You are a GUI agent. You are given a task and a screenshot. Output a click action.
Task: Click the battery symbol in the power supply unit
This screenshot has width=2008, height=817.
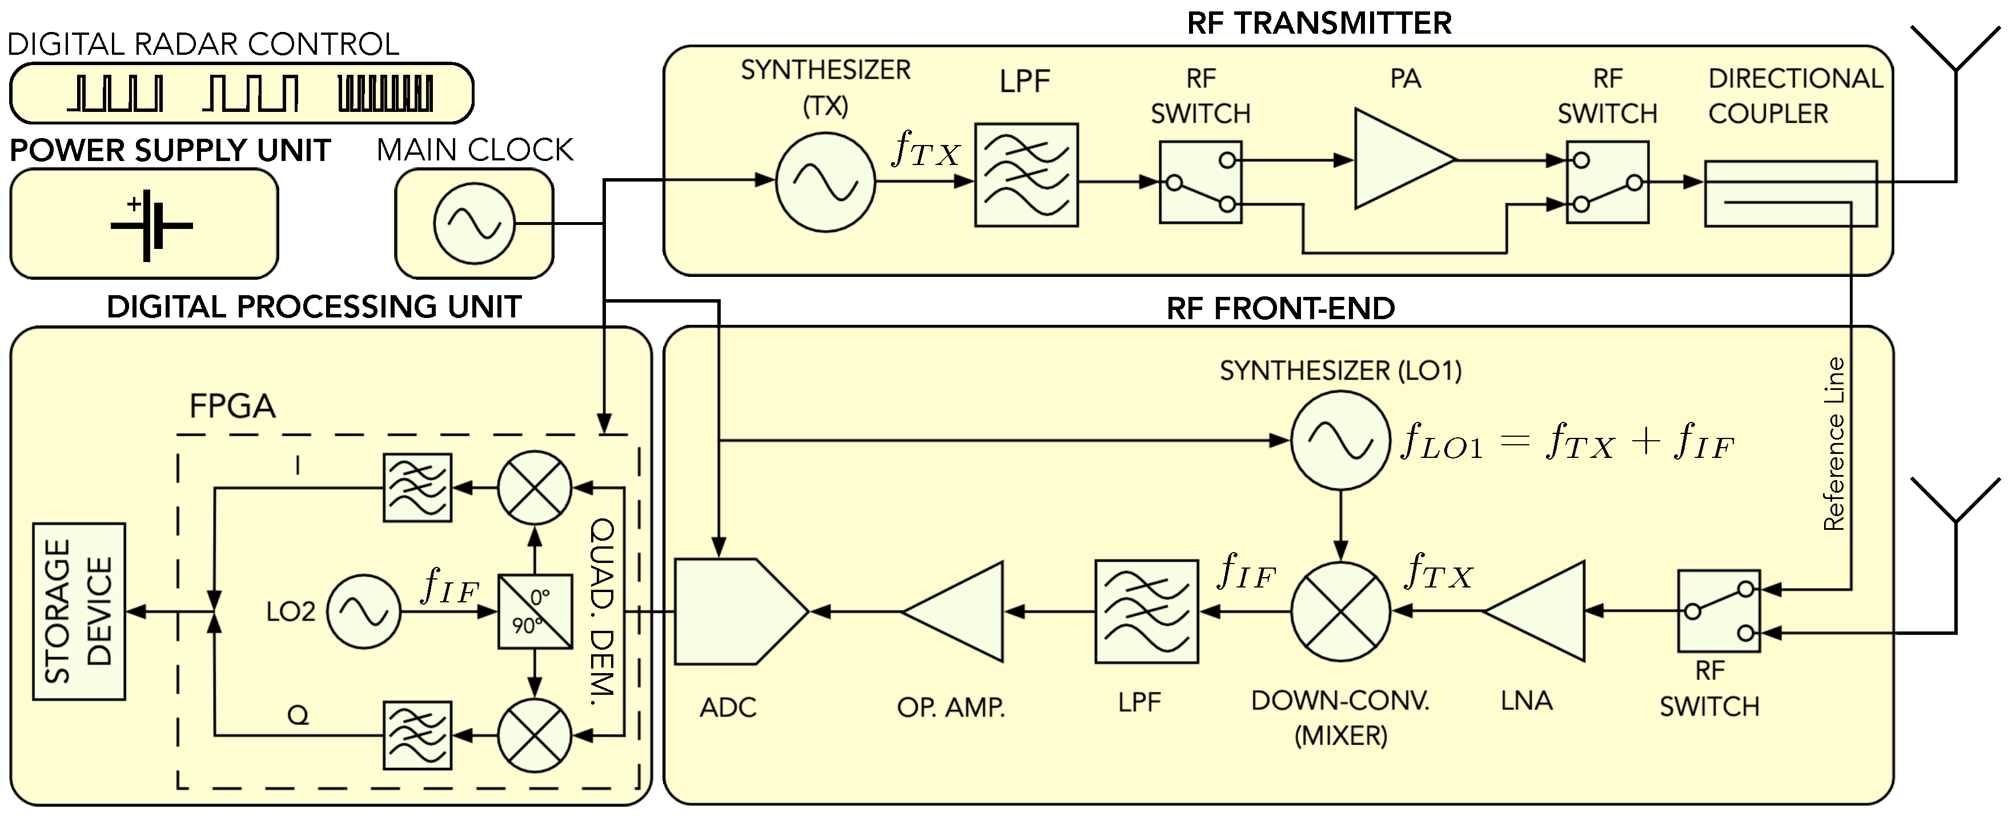151,226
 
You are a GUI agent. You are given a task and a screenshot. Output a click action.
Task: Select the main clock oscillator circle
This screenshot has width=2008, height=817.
474,224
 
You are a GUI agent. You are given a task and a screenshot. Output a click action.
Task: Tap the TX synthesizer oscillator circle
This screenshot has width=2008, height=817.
825,182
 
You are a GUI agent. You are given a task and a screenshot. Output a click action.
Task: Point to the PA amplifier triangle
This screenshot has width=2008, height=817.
1399,160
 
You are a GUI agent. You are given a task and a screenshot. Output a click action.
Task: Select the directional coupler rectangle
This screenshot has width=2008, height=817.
1790,194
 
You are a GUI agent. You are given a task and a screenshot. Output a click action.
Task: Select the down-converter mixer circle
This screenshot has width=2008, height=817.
1341,612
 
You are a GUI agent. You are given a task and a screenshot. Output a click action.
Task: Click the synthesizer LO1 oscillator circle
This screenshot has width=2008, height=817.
1341,440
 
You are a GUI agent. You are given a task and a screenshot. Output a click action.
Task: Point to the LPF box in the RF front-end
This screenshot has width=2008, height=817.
1146,612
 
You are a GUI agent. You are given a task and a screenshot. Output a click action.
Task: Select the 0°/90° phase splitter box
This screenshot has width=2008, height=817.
535,612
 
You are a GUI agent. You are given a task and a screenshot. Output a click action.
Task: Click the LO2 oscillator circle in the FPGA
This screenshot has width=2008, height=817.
363,612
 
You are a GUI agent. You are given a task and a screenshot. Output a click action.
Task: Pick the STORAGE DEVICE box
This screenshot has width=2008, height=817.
79,612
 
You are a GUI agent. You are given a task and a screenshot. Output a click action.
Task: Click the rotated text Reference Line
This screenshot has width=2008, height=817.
1834,444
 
